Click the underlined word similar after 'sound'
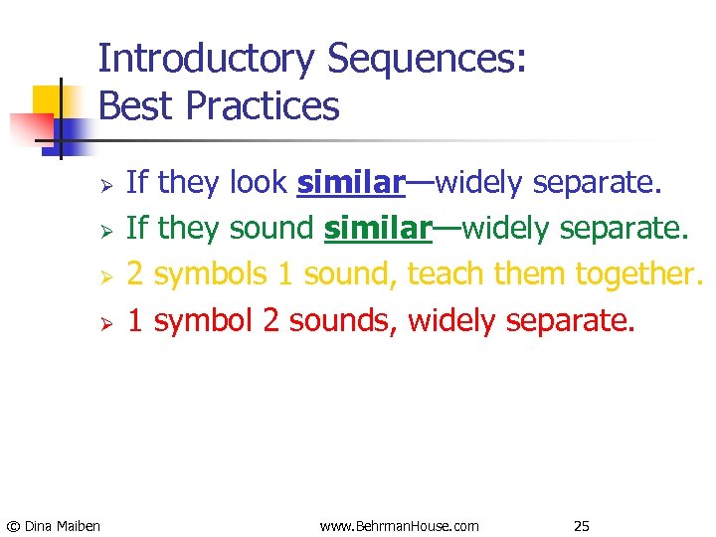point(377,228)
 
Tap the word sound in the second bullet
point(270,228)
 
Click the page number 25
point(582,525)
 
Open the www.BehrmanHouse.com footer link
point(399,525)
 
